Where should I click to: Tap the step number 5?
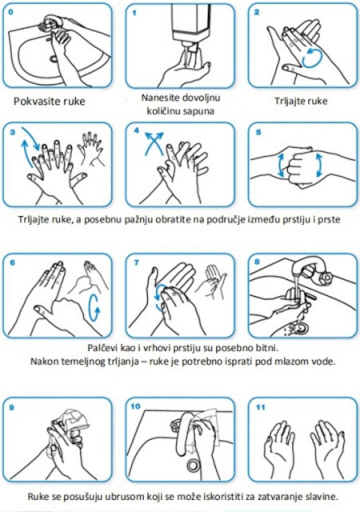coord(258,132)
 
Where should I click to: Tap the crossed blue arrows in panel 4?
coord(154,143)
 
